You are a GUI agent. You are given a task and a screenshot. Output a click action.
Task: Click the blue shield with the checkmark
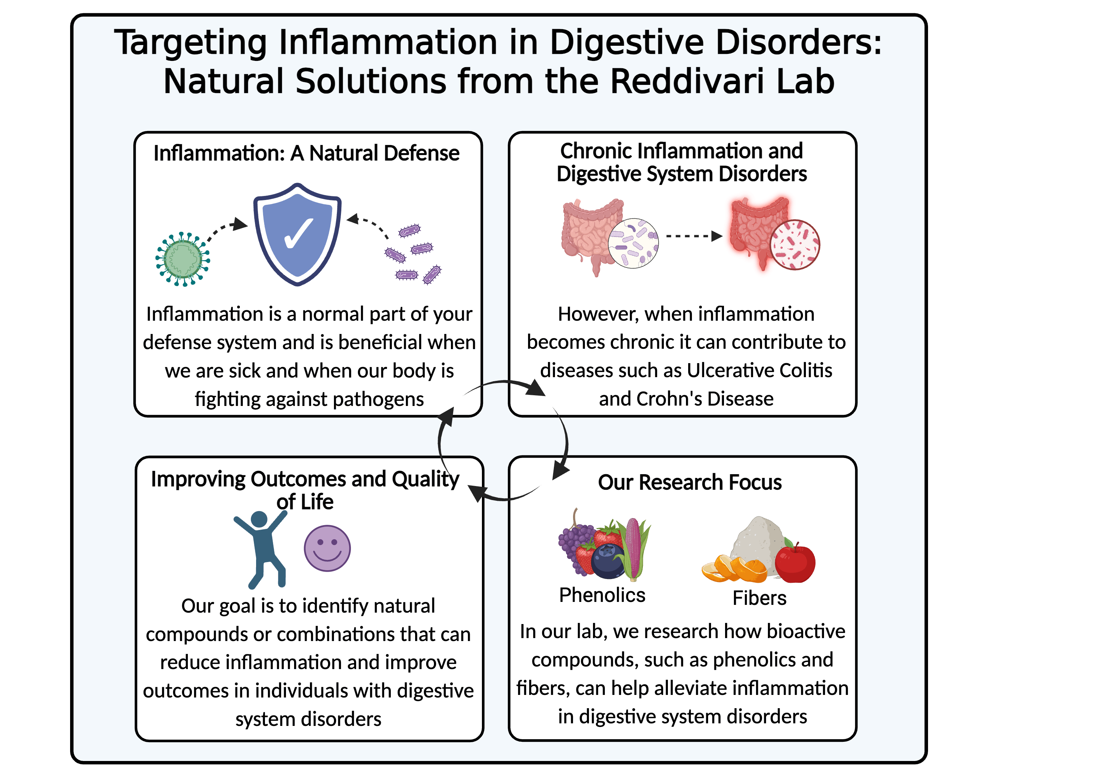[x=297, y=234]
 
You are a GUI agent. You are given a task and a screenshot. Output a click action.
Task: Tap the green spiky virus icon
[x=183, y=259]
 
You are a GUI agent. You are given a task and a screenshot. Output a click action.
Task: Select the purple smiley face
[x=327, y=548]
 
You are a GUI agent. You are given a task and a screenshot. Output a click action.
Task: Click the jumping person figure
[x=261, y=549]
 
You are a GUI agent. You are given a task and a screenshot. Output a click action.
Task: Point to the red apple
[x=795, y=562]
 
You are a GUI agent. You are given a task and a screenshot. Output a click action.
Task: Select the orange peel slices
[x=734, y=569]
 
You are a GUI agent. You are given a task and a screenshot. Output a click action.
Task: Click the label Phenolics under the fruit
[x=602, y=595]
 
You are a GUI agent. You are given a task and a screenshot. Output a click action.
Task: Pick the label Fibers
[x=759, y=598]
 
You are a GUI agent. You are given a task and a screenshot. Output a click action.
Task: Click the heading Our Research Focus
[x=690, y=482]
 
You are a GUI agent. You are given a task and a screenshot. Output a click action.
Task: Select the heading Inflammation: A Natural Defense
[x=307, y=154]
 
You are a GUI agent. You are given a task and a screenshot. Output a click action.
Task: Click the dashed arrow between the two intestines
[x=694, y=236]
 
